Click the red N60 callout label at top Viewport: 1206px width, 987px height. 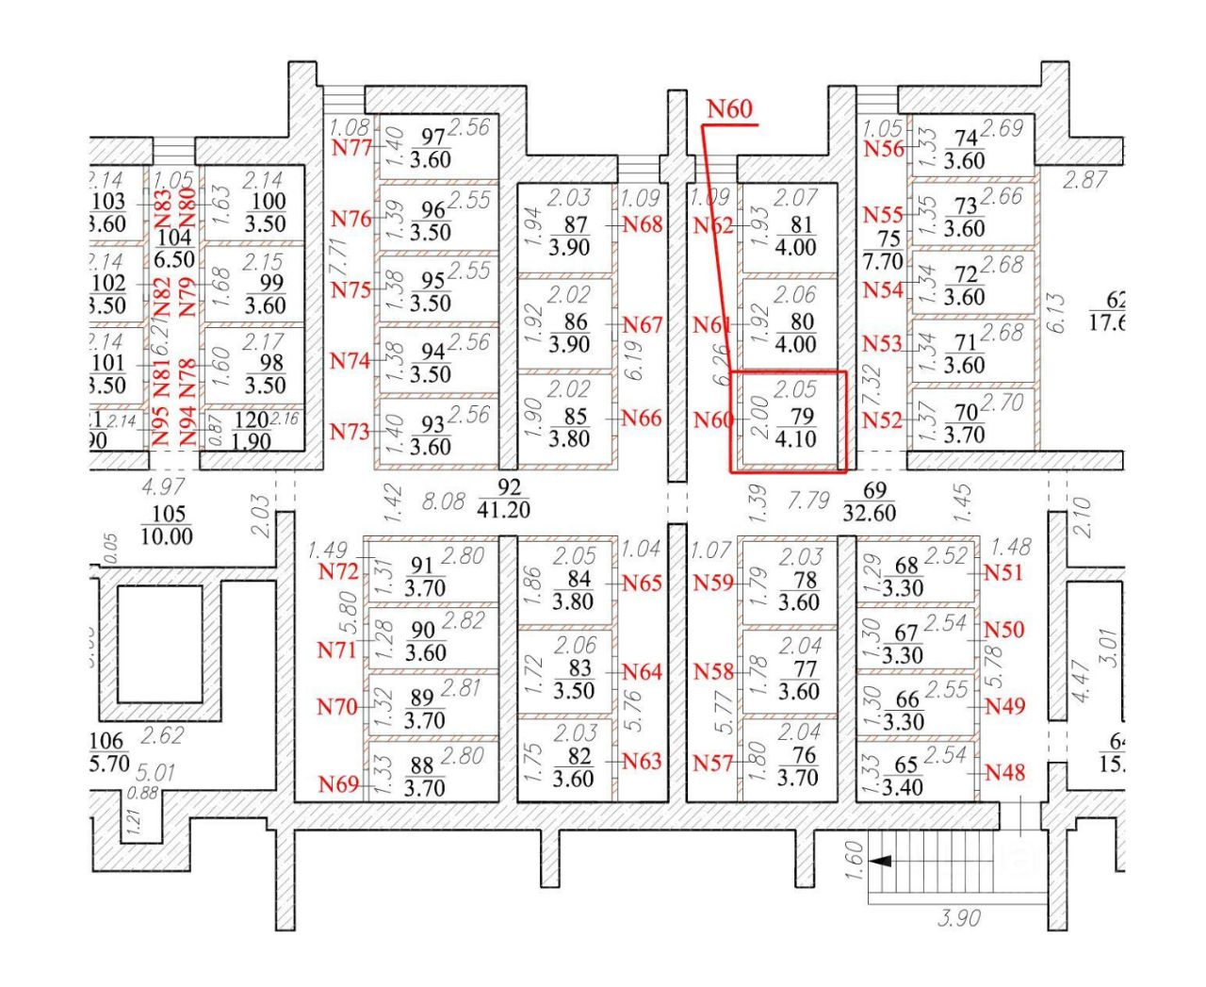[x=730, y=109]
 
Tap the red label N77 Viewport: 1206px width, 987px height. [x=351, y=147]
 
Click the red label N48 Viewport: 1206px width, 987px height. [x=1004, y=773]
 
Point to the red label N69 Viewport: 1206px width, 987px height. [x=338, y=783]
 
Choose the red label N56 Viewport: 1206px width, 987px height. [x=884, y=148]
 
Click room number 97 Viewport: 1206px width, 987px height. [x=432, y=138]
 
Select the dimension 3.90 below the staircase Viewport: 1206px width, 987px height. [x=959, y=917]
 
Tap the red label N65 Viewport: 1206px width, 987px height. [x=642, y=583]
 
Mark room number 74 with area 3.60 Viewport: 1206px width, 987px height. [x=966, y=139]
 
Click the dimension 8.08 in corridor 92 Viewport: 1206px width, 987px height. [x=442, y=501]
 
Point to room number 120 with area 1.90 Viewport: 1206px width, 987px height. [x=251, y=421]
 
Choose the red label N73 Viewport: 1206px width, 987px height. [x=350, y=432]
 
